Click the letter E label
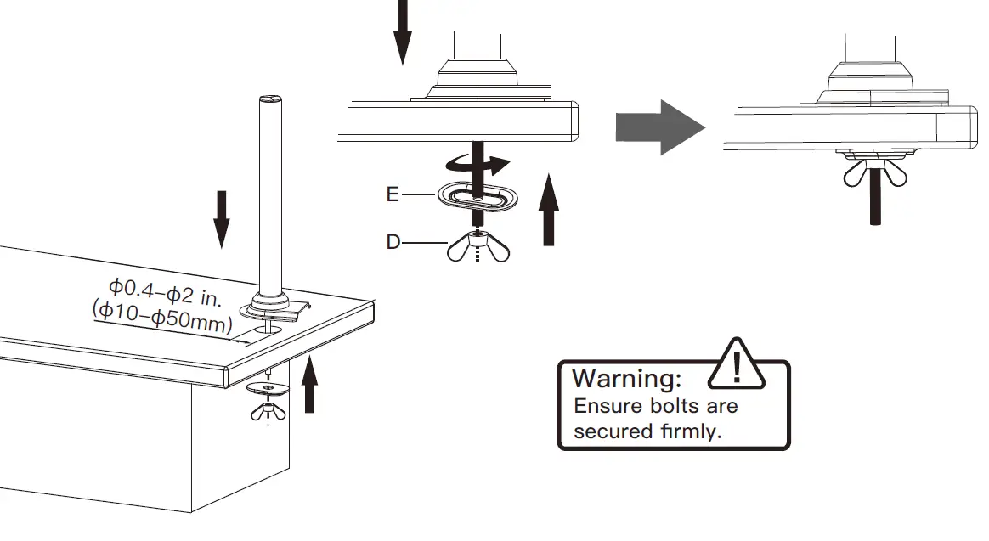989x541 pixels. [393, 194]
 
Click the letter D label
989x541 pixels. [393, 242]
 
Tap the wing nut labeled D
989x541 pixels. [478, 247]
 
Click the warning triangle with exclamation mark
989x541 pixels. [737, 363]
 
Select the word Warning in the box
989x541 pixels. [627, 378]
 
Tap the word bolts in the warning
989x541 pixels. [653, 405]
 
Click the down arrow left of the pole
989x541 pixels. [221, 219]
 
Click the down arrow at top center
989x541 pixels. [403, 32]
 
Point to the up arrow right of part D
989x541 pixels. [549, 209]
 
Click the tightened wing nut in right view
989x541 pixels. [873, 173]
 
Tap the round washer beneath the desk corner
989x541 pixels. [268, 389]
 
